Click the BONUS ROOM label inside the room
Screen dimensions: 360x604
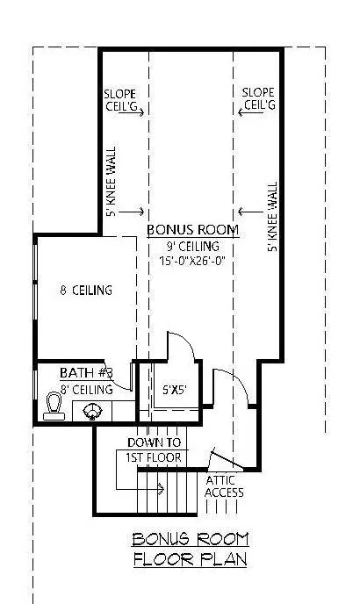192,230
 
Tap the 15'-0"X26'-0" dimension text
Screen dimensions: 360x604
192,261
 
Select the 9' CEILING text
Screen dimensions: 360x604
192,246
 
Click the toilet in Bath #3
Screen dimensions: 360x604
54,406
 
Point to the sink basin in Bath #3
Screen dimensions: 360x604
92,411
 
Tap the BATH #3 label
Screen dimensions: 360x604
86,372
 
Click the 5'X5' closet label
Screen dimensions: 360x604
174,390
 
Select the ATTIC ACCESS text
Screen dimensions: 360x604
224,486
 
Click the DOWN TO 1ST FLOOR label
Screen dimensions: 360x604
154,449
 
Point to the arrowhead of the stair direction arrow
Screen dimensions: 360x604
161,489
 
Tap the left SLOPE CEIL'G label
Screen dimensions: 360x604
120,100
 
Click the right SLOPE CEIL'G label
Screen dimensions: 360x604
259,98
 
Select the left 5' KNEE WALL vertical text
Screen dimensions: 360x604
111,182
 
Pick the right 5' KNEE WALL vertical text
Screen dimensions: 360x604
272,217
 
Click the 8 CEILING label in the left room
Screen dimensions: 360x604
86,290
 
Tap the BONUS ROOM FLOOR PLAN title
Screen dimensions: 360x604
190,550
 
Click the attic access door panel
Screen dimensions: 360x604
226,460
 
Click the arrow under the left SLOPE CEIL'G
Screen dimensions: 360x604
131,112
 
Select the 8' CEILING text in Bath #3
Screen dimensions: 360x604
87,390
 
